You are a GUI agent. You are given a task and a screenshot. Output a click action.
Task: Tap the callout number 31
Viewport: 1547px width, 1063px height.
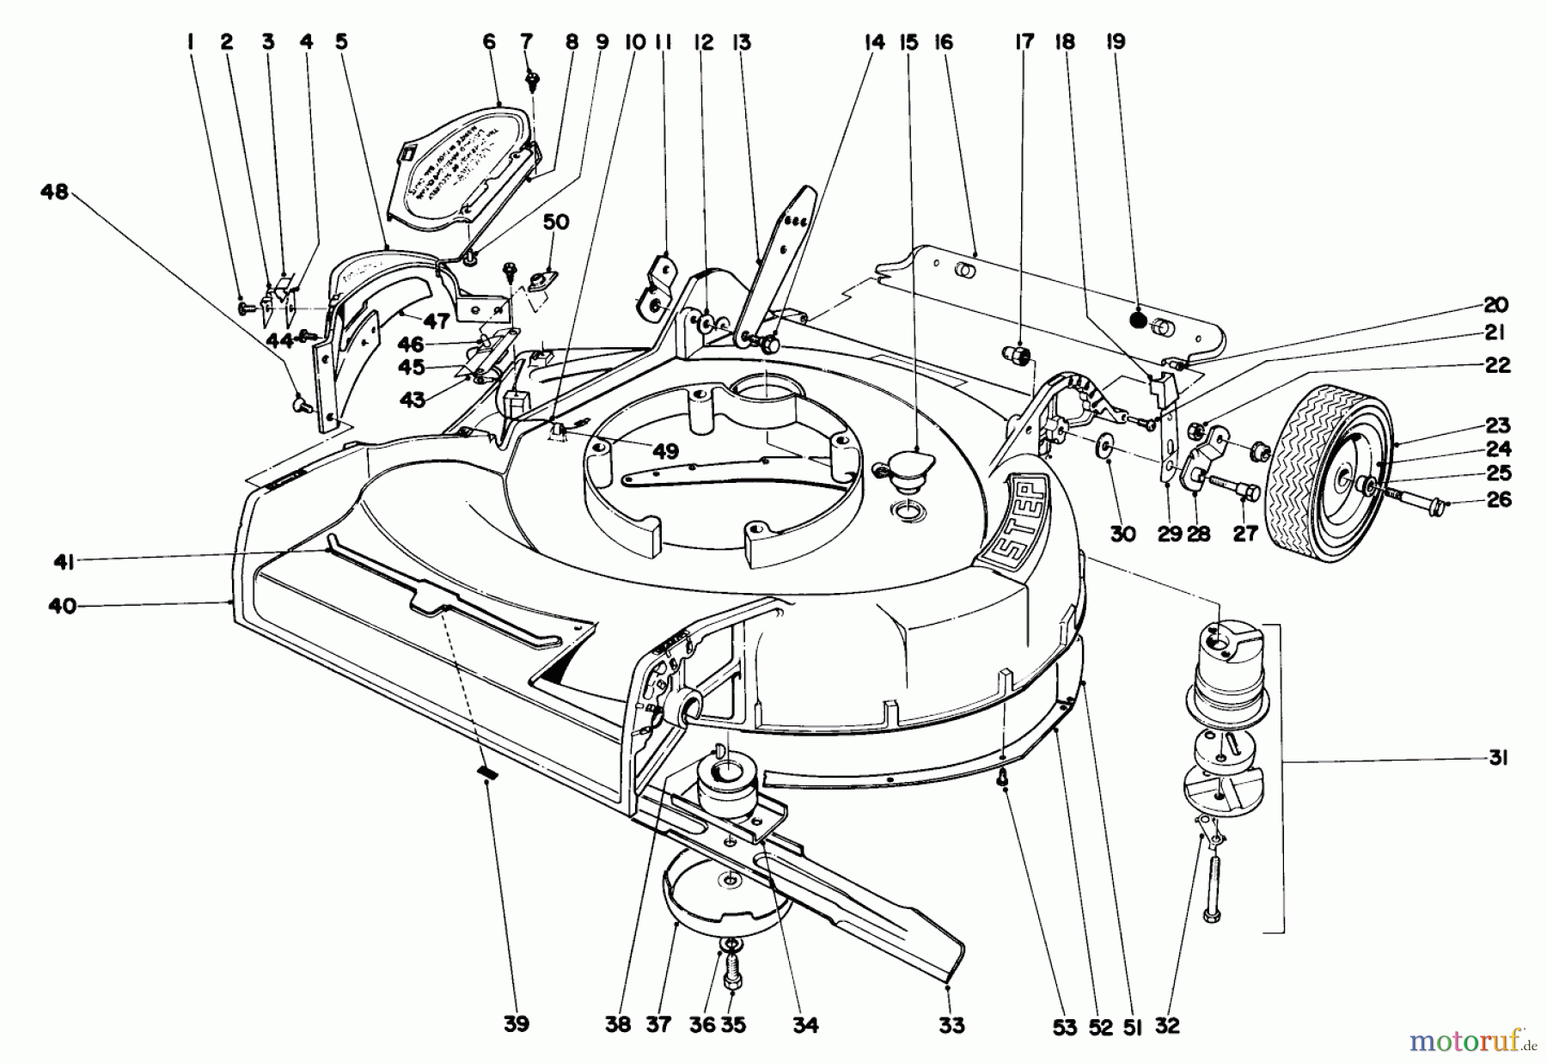click(x=1498, y=759)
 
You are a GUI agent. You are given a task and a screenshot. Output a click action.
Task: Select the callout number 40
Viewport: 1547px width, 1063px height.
click(x=62, y=606)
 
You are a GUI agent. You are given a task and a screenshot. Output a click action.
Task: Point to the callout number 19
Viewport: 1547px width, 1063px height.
click(x=1116, y=41)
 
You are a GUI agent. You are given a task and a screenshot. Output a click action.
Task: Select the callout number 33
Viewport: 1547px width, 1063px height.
click(x=952, y=1024)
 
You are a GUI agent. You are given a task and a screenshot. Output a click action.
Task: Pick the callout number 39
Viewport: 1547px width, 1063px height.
click(x=517, y=1024)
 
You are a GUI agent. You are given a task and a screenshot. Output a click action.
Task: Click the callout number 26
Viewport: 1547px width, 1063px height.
click(x=1499, y=499)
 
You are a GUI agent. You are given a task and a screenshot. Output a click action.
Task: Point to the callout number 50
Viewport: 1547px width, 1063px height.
click(x=556, y=222)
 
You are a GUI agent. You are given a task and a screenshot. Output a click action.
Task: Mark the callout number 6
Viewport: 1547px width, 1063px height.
click(x=490, y=41)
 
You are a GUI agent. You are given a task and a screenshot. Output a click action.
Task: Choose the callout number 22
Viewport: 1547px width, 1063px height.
click(x=1497, y=365)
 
